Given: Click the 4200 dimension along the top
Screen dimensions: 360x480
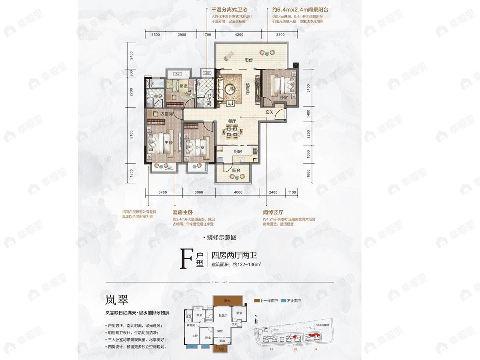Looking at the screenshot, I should point(239,35).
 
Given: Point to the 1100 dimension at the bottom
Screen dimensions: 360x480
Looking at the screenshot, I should point(292,192).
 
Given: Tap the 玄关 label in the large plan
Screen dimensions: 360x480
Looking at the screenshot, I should point(269,112).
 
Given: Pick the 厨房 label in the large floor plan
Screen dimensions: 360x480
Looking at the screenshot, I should point(238,152).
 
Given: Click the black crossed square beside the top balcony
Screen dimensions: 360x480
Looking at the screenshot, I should point(296,65).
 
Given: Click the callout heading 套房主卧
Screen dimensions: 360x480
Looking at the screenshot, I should point(183,213).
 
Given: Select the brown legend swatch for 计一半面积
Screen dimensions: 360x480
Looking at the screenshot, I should point(256,300).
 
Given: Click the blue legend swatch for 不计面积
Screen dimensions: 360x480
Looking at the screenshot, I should point(283,300).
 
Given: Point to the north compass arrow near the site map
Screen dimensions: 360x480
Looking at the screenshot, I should point(256,318).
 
